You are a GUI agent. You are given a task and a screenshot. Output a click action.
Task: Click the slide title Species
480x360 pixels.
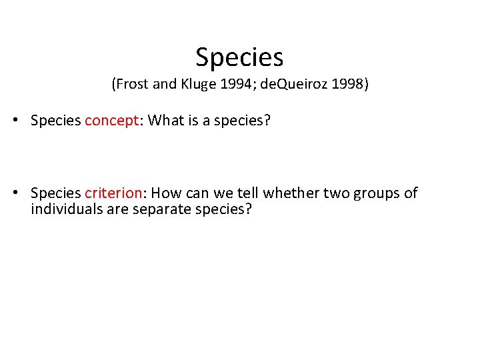pos(239,57)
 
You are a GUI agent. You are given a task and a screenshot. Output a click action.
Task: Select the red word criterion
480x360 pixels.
pos(113,193)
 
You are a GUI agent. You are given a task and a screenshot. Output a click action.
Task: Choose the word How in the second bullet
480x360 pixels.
pos(166,193)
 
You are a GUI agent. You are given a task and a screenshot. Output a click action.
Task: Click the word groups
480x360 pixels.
pos(376,193)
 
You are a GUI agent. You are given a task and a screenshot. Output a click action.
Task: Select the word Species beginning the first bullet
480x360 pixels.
pos(56,121)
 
